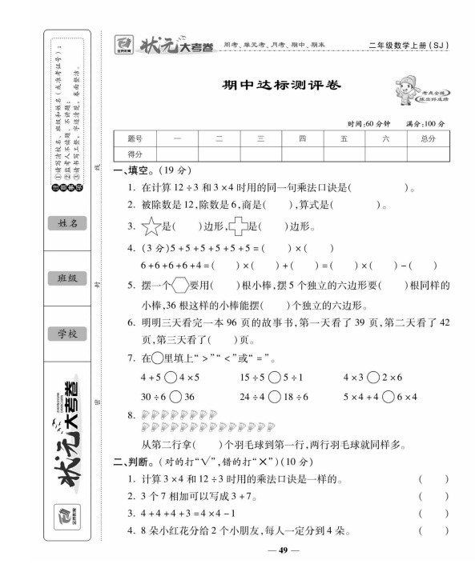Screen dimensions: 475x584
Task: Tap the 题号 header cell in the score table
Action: (x=134, y=138)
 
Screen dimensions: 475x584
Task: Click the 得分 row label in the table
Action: (x=134, y=154)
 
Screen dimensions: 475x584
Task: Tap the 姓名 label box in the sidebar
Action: (x=66, y=223)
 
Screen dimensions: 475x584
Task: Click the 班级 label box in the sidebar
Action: (x=66, y=278)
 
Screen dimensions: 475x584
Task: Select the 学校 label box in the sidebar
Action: (x=66, y=334)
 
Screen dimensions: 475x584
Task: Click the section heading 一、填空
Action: (x=131, y=170)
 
